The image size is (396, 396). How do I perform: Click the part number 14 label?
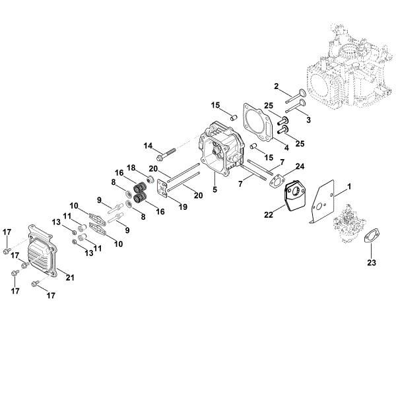tap(147, 146)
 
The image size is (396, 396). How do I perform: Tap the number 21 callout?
tap(70, 277)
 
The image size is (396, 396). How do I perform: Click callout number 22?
tap(269, 214)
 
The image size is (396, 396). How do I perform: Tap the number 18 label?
tap(131, 168)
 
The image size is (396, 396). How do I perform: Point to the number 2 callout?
tap(277, 87)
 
